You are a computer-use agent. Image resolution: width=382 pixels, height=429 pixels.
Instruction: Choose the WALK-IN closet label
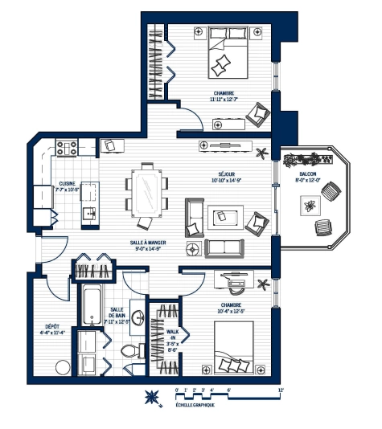pos(170,331)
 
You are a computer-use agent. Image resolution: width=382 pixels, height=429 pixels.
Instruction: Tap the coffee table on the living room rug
pos(221,215)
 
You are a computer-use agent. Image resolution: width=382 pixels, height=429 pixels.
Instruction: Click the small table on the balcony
pos(308,206)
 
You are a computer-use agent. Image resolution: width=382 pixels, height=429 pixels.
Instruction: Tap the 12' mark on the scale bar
pos(281,390)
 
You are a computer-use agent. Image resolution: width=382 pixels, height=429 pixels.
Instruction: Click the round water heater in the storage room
pos(61,367)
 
